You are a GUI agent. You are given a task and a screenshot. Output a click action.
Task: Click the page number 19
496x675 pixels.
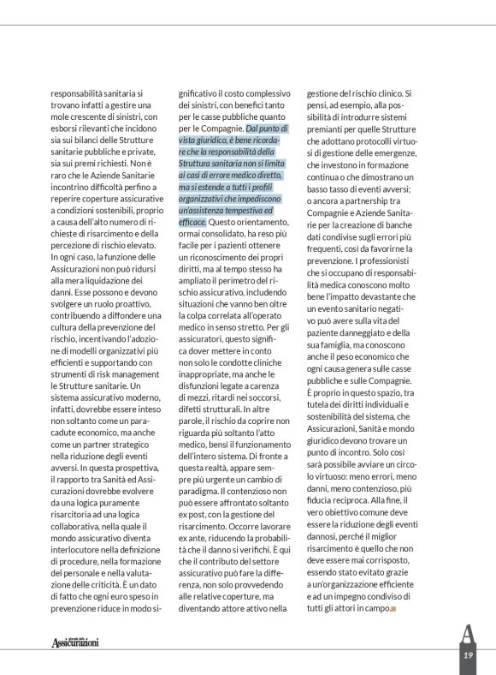[x=468, y=655]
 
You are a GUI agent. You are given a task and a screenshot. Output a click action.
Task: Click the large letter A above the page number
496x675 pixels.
[x=467, y=635]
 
